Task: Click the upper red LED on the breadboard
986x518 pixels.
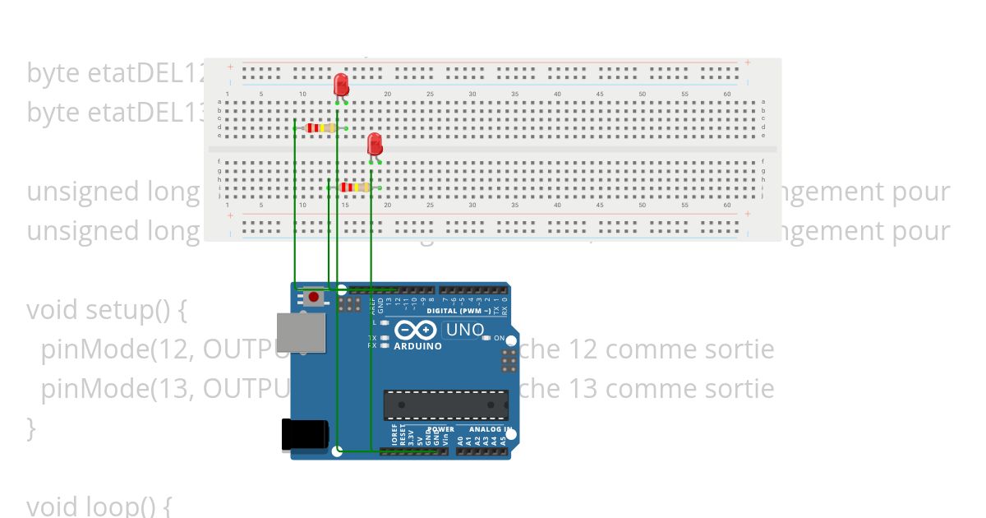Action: click(x=341, y=85)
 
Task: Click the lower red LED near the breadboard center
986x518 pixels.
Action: click(x=375, y=145)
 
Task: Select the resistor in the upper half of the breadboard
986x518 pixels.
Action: click(x=320, y=127)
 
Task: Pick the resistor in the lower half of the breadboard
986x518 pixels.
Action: click(x=354, y=187)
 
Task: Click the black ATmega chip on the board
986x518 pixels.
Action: click(x=445, y=405)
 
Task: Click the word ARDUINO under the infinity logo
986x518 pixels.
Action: click(x=417, y=346)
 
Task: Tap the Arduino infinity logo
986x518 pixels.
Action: click(x=417, y=331)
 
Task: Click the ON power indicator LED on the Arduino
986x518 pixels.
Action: click(x=486, y=338)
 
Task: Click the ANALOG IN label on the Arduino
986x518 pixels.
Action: click(x=491, y=429)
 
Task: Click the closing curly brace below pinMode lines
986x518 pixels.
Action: click(x=31, y=427)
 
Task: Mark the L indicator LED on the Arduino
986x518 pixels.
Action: click(x=385, y=322)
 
